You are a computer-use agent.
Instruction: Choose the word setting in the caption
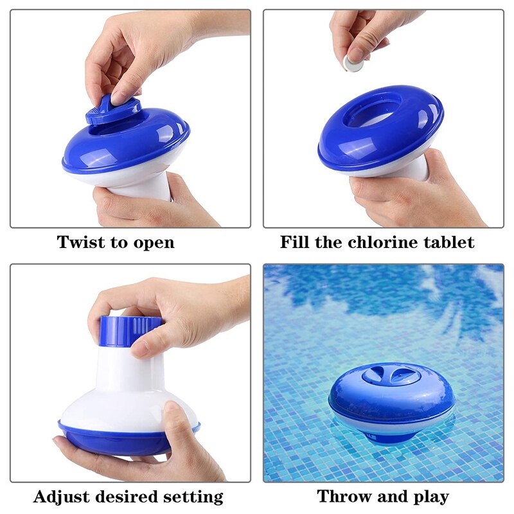(x=193, y=497)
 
